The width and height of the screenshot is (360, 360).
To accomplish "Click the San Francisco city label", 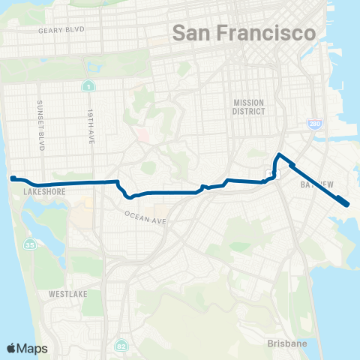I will [x=244, y=33].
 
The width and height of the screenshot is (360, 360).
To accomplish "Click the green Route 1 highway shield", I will [x=88, y=86].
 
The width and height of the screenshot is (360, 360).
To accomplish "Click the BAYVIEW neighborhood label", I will [x=315, y=184].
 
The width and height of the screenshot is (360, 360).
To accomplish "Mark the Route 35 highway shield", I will [x=30, y=244].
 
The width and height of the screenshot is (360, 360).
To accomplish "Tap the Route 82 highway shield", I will [x=121, y=346].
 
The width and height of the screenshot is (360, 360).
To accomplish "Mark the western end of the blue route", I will [x=12, y=178].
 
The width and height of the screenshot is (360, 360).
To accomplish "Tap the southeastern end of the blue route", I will [x=346, y=203].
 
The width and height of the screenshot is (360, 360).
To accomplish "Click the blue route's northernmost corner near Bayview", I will [x=279, y=154].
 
